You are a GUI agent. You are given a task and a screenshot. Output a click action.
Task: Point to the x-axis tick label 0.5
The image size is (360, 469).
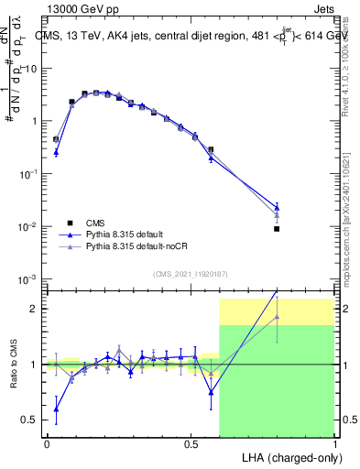pyautogui.click(x=191, y=442)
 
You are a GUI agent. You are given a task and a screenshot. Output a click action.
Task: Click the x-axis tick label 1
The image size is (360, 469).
pyautogui.click(x=334, y=442)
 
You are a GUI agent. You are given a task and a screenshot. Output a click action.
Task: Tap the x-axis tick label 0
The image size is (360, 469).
pyautogui.click(x=47, y=442)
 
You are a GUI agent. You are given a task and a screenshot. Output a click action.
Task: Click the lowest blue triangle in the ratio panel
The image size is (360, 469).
pyautogui.click(x=56, y=409)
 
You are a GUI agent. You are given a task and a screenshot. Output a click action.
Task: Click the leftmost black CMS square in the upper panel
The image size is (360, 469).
pyautogui.click(x=56, y=139)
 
